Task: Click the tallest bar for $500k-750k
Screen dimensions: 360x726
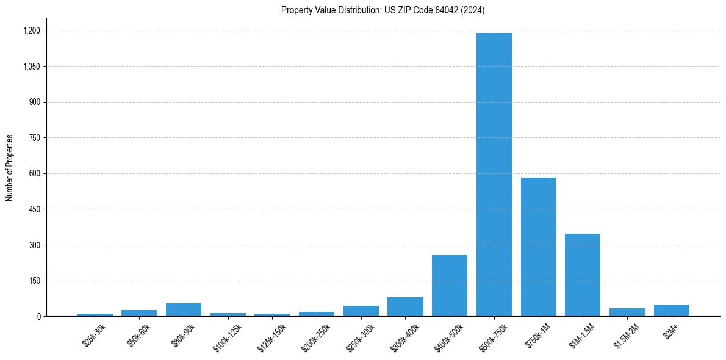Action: (x=494, y=175)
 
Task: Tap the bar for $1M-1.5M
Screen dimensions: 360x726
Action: (x=583, y=275)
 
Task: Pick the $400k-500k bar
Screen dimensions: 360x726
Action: (x=450, y=286)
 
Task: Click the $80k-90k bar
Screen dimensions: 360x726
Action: (x=184, y=310)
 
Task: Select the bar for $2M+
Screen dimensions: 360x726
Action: (x=671, y=311)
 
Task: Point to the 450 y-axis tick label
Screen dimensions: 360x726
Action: (x=34, y=209)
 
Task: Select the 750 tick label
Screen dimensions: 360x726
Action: (x=34, y=138)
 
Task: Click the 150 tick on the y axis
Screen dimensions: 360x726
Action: (x=34, y=281)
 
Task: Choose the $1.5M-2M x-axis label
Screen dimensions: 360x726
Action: (x=626, y=336)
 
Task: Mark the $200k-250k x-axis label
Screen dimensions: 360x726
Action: (x=315, y=337)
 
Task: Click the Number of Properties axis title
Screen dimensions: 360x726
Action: (x=9, y=168)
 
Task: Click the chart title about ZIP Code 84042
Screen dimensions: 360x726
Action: (x=383, y=10)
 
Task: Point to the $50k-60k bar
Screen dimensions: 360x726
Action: (x=139, y=313)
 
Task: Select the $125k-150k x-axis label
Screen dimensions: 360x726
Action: (x=270, y=337)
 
